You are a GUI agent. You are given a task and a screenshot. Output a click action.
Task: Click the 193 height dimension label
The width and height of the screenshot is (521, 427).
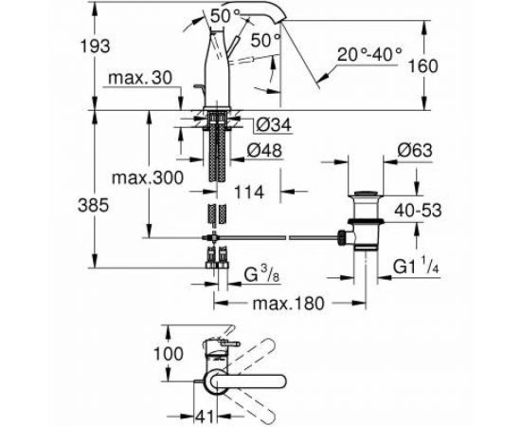pos(95,46)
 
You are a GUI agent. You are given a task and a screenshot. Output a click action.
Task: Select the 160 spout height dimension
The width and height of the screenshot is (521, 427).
pos(422,65)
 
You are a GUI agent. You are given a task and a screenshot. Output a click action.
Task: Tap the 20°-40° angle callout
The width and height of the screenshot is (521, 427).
pos(369,54)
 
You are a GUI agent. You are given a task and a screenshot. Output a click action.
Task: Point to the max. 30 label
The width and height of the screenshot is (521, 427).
pos(140,78)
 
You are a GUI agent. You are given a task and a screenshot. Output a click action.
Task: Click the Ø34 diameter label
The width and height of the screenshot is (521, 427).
pos(274,125)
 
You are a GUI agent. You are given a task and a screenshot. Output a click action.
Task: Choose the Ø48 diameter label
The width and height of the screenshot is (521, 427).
pos(264,151)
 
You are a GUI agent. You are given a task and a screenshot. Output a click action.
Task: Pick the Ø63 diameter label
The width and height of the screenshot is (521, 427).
pos(415,150)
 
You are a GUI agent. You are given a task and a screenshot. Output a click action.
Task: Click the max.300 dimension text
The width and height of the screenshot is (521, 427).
pos(148,178)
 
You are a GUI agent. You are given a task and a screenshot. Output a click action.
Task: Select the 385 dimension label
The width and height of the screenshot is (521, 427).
pos(94,205)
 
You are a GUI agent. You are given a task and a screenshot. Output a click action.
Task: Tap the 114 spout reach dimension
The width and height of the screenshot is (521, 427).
pos(249,192)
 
